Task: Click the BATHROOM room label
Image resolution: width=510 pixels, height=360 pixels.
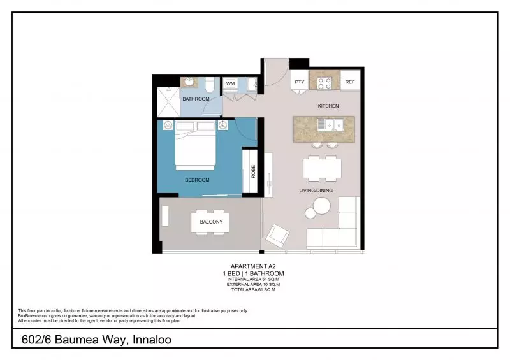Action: click(196, 99)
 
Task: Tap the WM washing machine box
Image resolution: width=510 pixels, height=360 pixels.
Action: click(230, 83)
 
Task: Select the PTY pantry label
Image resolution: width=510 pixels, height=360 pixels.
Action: click(299, 82)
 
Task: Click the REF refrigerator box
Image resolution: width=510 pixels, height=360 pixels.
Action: click(350, 82)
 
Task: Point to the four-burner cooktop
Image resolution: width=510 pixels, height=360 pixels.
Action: click(323, 82)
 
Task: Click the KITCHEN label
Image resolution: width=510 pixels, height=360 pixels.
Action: click(328, 106)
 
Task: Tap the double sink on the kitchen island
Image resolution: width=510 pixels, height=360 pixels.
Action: click(331, 124)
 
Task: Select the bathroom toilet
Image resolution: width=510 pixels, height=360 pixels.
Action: click(210, 83)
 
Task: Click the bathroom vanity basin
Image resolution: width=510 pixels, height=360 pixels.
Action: click(189, 82)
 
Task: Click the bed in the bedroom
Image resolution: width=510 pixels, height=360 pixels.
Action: click(195, 148)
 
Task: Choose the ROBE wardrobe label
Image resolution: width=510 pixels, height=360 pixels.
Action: click(252, 171)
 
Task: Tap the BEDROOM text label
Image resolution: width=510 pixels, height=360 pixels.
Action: click(197, 180)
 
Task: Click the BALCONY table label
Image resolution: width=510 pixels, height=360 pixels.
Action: click(211, 222)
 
